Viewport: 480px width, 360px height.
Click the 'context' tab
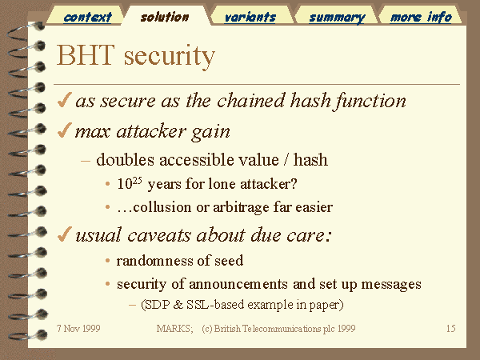click(x=87, y=17)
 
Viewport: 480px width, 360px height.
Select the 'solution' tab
click(x=165, y=17)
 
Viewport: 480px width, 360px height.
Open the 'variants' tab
click(x=250, y=17)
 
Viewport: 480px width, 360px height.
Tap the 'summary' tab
click(x=337, y=18)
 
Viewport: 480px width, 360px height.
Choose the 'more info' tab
click(x=421, y=17)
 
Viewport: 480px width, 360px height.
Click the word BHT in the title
click(x=86, y=55)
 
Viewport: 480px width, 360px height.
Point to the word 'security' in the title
click(x=170, y=57)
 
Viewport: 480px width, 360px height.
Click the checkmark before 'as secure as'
click(x=65, y=100)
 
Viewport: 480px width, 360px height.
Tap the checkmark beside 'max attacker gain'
click(x=65, y=130)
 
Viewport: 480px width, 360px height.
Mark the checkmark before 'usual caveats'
click(x=65, y=234)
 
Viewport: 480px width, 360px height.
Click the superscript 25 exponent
click(x=137, y=180)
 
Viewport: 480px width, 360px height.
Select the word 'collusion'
click(x=162, y=207)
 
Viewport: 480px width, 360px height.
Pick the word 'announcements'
click(x=238, y=284)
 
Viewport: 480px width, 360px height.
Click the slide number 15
click(x=451, y=329)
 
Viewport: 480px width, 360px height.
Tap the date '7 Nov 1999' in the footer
click(x=78, y=329)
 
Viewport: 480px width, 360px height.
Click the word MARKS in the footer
click(x=174, y=329)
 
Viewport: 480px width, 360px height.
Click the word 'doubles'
click(x=126, y=160)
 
